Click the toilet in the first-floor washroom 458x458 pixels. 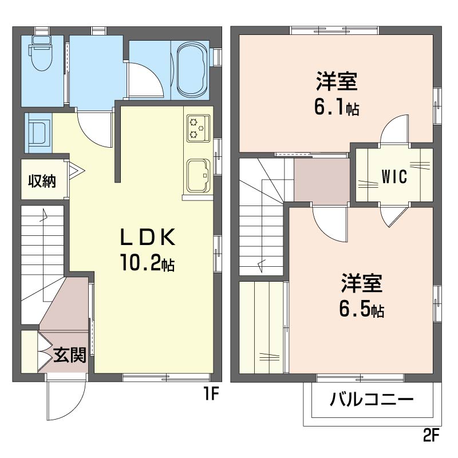[41, 53]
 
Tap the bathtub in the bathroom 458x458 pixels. [191, 70]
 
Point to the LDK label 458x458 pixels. [148, 236]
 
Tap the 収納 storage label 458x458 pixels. [42, 181]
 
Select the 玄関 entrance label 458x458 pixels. [70, 355]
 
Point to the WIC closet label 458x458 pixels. [394, 177]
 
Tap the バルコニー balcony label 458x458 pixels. [372, 400]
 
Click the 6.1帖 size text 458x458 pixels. [337, 107]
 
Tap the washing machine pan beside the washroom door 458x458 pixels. [38, 133]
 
